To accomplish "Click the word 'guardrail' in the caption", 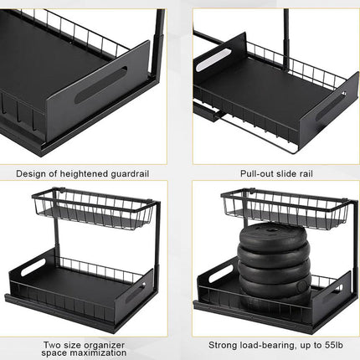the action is pyautogui.click(x=130, y=174).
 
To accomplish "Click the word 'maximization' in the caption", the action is pyautogui.click(x=98, y=352).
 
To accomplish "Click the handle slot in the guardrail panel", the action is pyautogui.click(x=101, y=85).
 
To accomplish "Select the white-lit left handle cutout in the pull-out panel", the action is pyautogui.click(x=213, y=60).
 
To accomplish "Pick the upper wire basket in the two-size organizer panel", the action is pyautogui.click(x=94, y=208).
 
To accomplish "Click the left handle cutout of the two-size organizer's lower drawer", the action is pyautogui.click(x=33, y=267).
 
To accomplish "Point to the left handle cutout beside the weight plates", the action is pyautogui.click(x=220, y=273).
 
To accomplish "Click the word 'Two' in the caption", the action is pyautogui.click(x=52, y=346).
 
